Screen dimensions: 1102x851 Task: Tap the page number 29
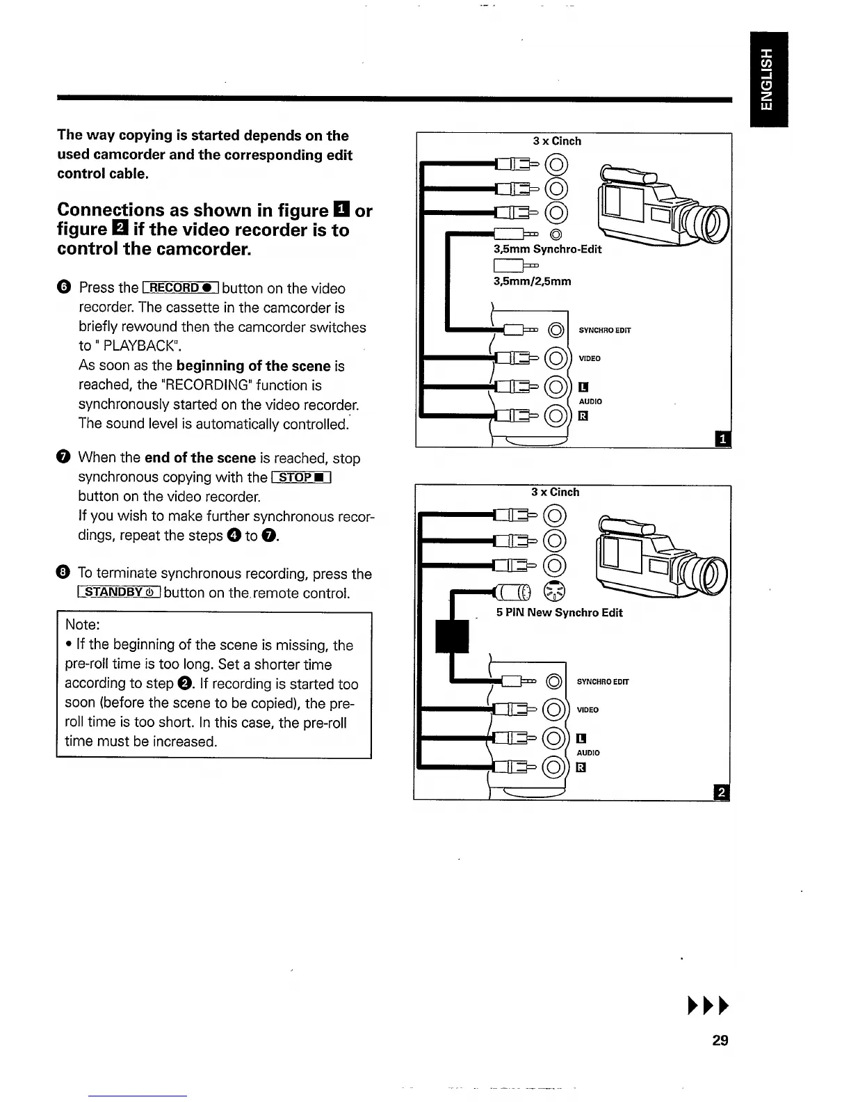pos(720,1040)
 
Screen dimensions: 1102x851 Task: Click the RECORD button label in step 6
pos(181,288)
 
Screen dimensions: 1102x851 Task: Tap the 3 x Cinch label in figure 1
pos(557,141)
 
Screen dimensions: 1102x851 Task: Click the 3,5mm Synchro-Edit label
pos(547,249)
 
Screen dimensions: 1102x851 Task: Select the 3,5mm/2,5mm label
pos(532,281)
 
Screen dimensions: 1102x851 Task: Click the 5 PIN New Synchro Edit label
pos(559,613)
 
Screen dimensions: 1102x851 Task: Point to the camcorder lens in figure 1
pos(711,223)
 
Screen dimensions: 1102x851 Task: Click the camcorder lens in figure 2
pos(711,574)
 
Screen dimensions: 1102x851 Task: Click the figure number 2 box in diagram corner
pos(722,792)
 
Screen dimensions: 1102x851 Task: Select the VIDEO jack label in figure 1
pos(590,358)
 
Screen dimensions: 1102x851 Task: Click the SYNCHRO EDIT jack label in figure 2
pos(603,681)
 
